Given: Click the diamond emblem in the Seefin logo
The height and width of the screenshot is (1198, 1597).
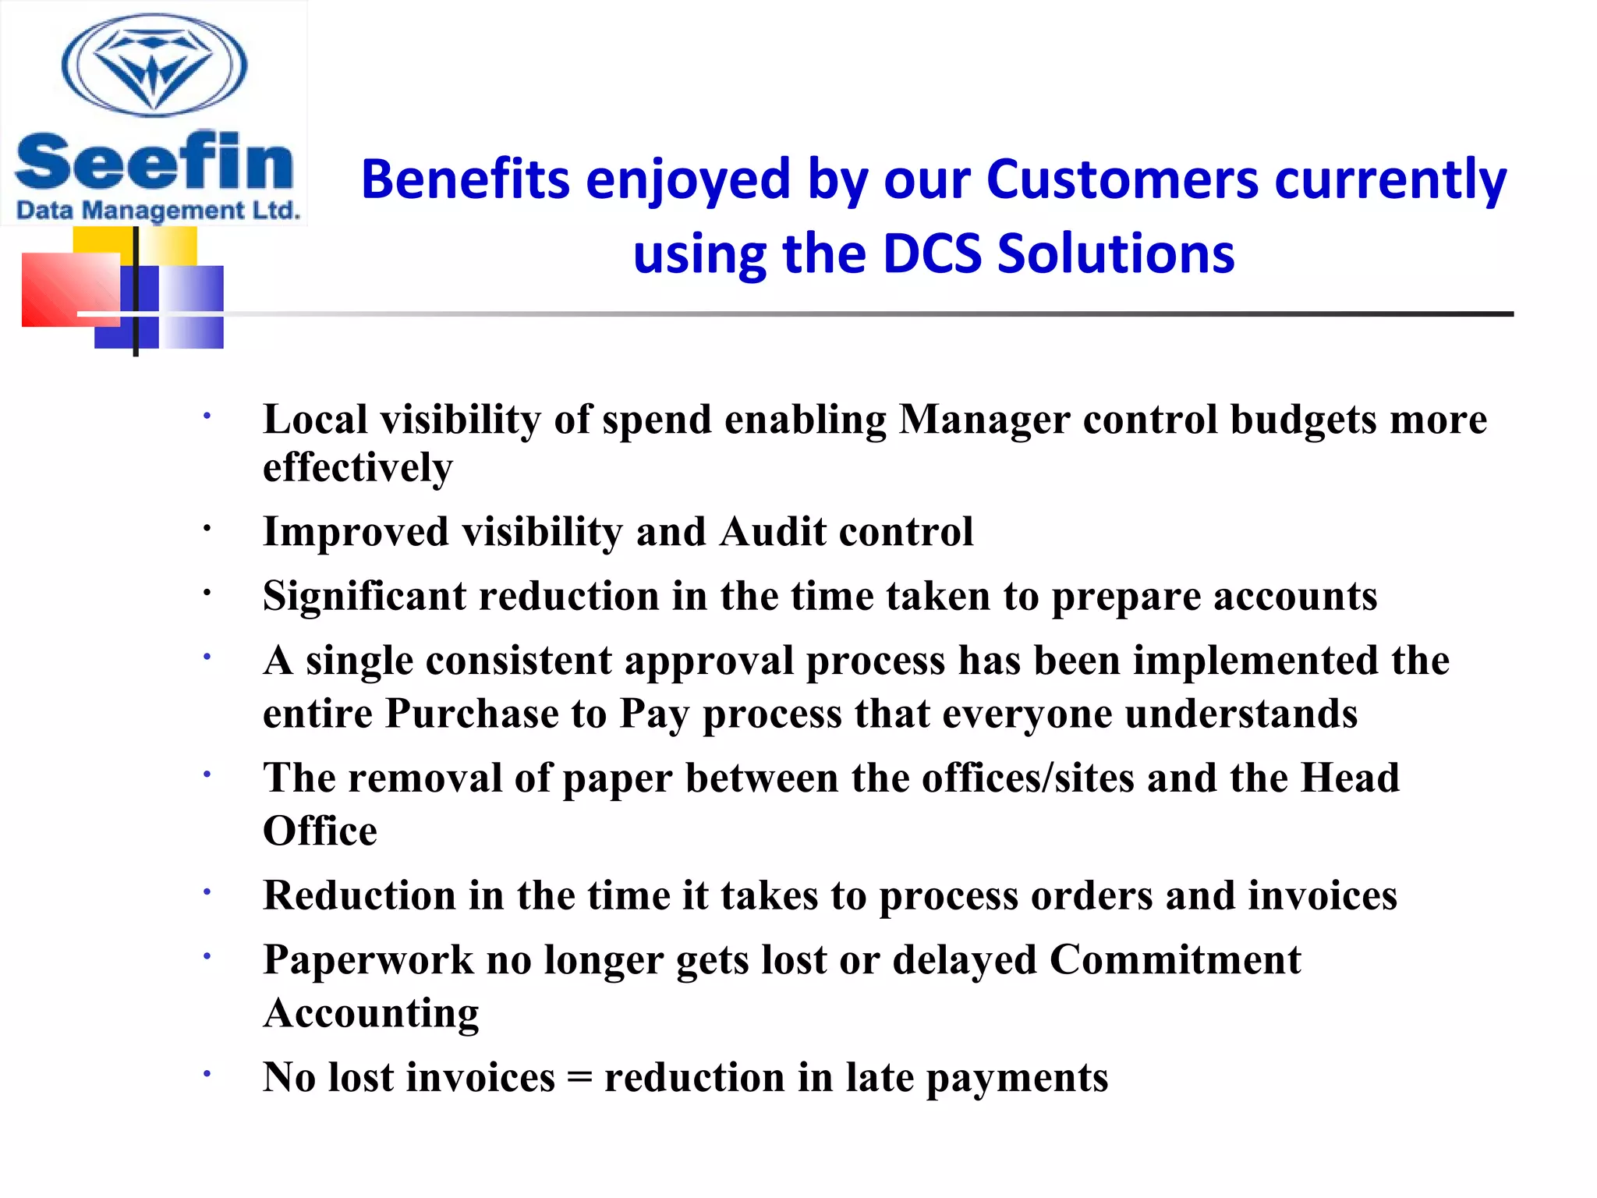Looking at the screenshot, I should click(154, 66).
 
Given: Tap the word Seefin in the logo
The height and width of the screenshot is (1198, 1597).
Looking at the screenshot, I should click(154, 161).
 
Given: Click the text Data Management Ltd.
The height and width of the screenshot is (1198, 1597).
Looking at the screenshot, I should click(158, 211).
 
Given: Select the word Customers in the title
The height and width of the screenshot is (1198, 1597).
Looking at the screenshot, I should click(1122, 179).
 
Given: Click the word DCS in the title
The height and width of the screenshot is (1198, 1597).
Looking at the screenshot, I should click(932, 253).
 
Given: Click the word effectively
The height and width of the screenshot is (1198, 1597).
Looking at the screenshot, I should click(358, 468).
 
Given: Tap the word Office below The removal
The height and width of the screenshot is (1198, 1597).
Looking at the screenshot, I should click(320, 831).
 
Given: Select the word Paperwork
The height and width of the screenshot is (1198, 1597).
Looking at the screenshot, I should click(368, 960).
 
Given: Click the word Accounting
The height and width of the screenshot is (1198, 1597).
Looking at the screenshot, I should click(371, 1013).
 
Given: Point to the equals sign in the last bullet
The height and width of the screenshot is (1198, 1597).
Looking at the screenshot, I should click(579, 1079).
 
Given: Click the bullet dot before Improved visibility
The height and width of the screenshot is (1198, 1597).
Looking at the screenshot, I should click(207, 530).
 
